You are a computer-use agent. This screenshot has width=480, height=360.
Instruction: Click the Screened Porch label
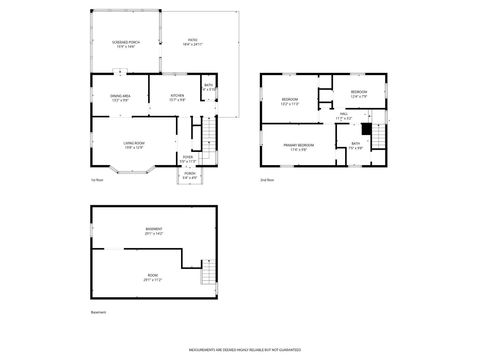coord(127,44)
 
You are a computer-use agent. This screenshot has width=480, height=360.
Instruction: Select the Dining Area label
coord(120,98)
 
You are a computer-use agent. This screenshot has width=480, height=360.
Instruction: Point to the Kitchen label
coord(176,98)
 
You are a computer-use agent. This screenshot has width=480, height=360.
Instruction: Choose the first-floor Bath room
coord(209,88)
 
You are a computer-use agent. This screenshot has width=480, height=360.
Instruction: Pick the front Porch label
coord(190,176)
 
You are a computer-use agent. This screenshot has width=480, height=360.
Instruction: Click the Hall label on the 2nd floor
coord(343,115)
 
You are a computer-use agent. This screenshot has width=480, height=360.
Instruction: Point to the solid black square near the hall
coord(366,130)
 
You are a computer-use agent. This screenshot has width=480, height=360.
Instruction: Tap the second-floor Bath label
coord(355,146)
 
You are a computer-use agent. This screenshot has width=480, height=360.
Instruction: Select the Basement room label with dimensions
coord(153,230)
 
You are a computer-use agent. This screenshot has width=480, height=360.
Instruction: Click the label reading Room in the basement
coord(153,278)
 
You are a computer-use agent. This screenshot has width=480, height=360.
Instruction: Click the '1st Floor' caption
coord(97,181)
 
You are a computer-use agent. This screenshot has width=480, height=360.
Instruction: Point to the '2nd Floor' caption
coord(266,181)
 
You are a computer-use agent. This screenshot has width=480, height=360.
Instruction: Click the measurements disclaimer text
coord(239,349)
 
